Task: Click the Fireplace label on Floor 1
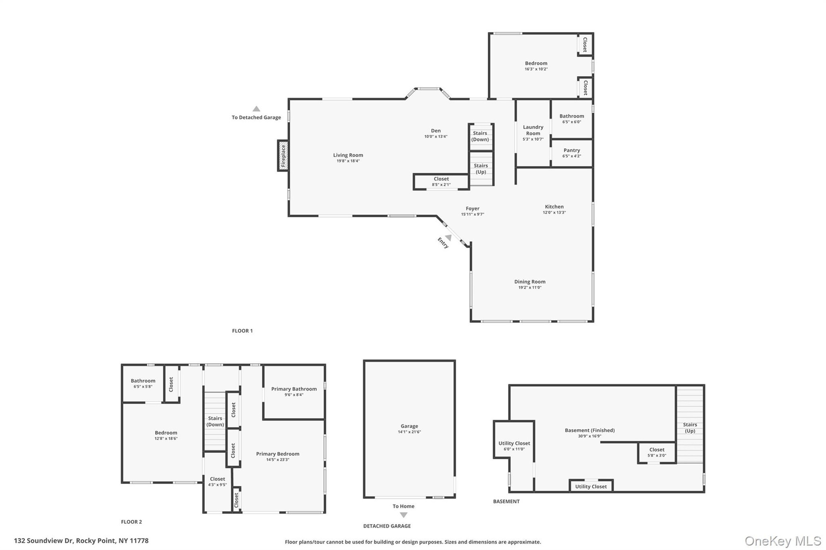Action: pyautogui.click(x=284, y=156)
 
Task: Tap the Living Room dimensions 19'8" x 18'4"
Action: pyautogui.click(x=348, y=161)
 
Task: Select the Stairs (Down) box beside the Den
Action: pyautogui.click(x=481, y=137)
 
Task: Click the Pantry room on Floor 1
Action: pyautogui.click(x=572, y=153)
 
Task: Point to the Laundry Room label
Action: pyautogui.click(x=533, y=130)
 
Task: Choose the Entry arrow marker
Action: pyautogui.click(x=448, y=237)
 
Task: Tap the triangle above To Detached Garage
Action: pyautogui.click(x=256, y=109)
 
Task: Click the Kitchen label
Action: pyautogui.click(x=554, y=206)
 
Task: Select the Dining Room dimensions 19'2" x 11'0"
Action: pyautogui.click(x=530, y=287)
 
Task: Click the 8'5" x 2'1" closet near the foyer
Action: pyautogui.click(x=441, y=182)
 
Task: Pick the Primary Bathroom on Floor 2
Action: pyautogui.click(x=294, y=392)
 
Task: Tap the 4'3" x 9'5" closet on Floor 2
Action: pyautogui.click(x=217, y=482)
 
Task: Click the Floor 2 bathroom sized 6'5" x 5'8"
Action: pyautogui.click(x=143, y=384)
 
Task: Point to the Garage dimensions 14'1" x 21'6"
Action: pyautogui.click(x=409, y=432)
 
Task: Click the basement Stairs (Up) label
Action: pyautogui.click(x=690, y=427)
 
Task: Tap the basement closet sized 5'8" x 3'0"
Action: pyautogui.click(x=656, y=453)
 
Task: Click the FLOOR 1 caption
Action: pyautogui.click(x=242, y=331)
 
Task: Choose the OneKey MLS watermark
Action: pyautogui.click(x=783, y=541)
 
